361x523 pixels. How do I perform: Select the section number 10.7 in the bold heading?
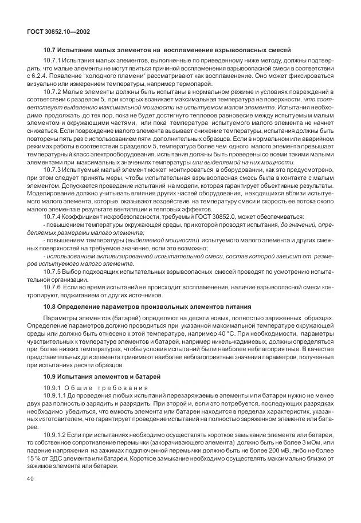51,50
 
